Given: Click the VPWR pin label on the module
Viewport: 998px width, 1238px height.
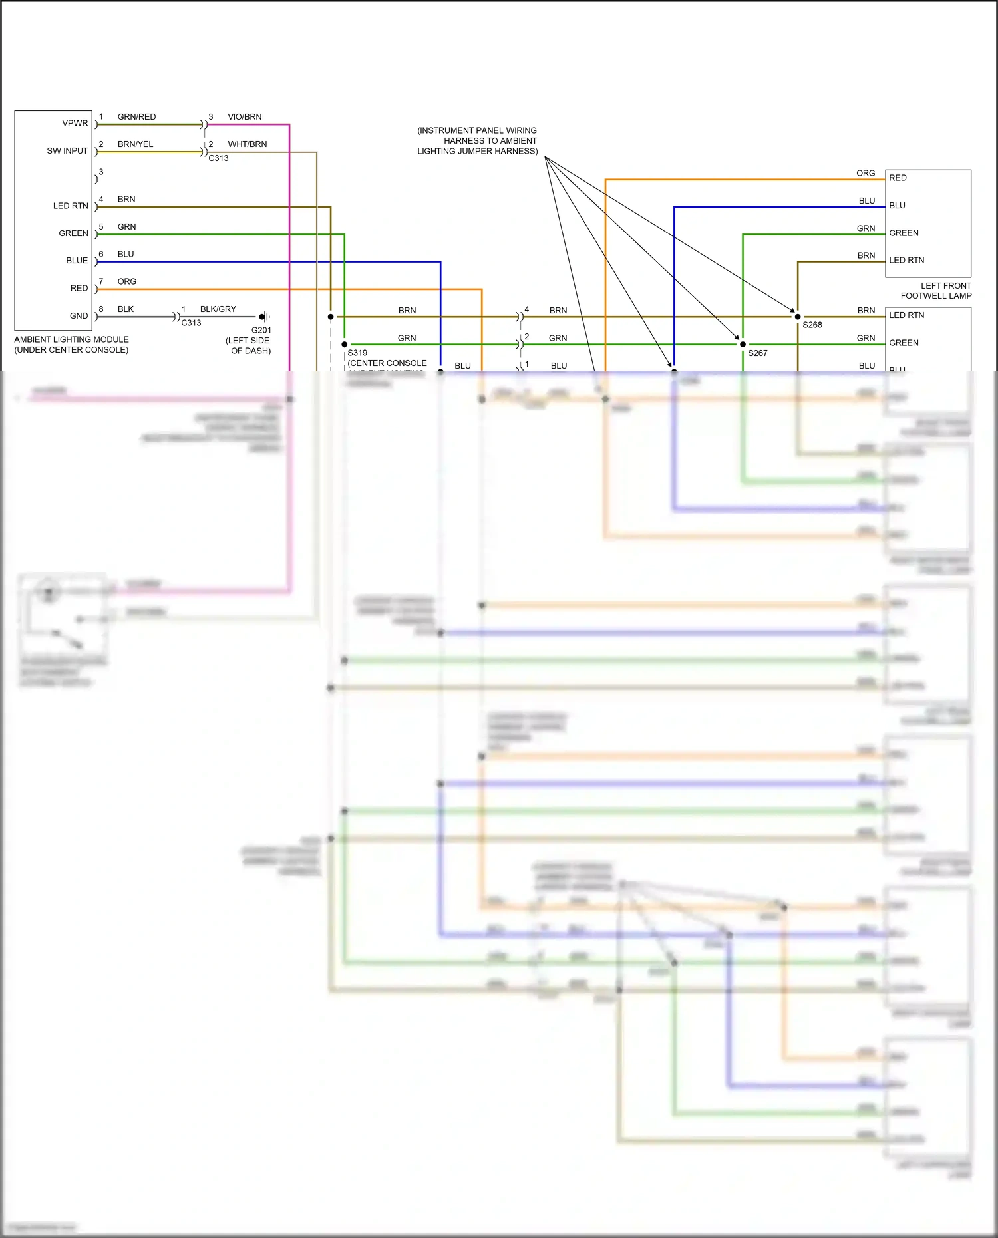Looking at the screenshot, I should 75,123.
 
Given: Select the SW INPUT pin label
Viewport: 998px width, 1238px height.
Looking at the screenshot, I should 67,151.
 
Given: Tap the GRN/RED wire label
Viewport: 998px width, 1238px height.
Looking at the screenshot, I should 136,117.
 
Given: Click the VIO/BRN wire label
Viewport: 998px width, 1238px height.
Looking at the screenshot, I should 244,117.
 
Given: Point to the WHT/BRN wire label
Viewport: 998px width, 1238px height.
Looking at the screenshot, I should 247,144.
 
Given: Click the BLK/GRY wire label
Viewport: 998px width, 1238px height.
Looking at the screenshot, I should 218,309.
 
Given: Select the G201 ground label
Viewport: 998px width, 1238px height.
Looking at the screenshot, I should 261,330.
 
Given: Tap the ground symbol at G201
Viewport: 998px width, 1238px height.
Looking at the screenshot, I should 264,317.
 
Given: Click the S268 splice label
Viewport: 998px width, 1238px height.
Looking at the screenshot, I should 812,325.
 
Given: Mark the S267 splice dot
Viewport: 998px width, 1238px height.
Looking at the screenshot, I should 743,344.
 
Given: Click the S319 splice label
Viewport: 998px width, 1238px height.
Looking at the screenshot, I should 357,353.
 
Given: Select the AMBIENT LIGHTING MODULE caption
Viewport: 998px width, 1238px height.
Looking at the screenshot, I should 71,344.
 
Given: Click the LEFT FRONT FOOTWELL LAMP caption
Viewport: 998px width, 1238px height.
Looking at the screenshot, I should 935,291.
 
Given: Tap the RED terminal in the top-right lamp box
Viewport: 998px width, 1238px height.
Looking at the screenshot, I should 898,178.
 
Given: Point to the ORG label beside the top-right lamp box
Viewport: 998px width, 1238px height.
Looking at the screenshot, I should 865,174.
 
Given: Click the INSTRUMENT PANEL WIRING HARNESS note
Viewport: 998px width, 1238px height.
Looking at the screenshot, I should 477,141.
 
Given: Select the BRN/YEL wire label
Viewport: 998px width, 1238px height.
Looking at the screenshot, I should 135,144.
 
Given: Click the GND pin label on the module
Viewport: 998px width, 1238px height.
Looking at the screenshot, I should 79,316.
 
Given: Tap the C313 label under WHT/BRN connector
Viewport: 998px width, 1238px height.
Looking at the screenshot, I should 218,158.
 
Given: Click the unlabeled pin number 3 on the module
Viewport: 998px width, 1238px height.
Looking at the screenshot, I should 101,172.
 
